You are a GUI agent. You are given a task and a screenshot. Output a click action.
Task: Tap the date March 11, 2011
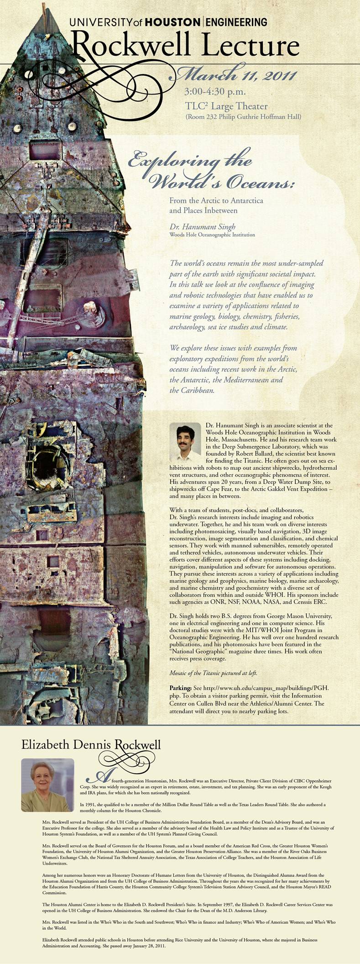click(x=236, y=75)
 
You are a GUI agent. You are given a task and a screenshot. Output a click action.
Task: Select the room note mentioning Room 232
click(x=243, y=117)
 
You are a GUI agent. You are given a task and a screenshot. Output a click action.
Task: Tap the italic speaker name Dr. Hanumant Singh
click(x=202, y=227)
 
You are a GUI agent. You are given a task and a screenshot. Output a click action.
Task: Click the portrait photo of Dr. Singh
click(x=185, y=442)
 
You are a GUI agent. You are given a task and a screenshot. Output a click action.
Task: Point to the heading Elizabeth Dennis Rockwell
click(x=91, y=745)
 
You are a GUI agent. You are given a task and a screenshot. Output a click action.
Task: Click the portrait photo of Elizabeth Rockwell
click(x=47, y=785)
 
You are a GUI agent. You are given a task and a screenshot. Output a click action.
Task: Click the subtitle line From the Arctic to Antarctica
click(x=216, y=200)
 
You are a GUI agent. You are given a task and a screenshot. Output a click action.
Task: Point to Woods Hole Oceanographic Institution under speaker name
click(x=212, y=235)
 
